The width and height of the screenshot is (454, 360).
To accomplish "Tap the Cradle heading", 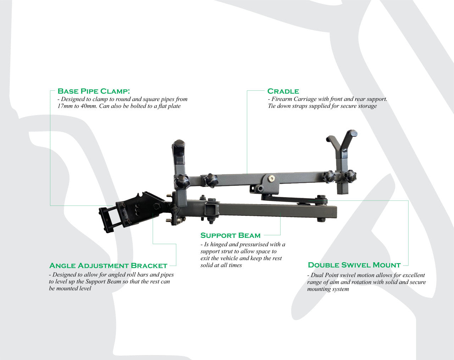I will tap(283, 91).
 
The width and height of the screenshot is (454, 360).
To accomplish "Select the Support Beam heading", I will tap(230, 235).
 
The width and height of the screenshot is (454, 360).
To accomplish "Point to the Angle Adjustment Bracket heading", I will tap(108, 265).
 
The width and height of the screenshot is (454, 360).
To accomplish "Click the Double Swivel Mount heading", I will tap(354, 265).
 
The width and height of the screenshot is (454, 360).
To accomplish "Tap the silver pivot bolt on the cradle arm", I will tap(272, 178).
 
